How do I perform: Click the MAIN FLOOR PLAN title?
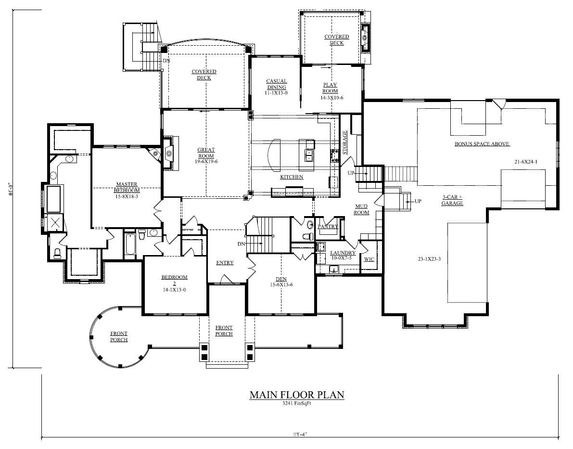click(x=297, y=395)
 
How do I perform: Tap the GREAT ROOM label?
click(x=206, y=153)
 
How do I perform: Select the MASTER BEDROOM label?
click(x=127, y=187)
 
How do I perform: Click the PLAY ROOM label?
click(x=330, y=88)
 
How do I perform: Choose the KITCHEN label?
click(x=292, y=177)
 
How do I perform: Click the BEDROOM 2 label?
click(x=174, y=281)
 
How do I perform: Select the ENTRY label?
click(x=225, y=263)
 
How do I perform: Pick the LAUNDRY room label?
click(x=343, y=253)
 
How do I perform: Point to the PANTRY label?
click(x=328, y=226)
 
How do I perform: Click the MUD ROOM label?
click(x=361, y=209)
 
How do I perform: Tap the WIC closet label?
click(x=369, y=259)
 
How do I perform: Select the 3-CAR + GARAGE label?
click(x=452, y=200)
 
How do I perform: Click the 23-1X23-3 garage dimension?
click(x=430, y=259)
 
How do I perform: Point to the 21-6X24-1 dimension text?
click(x=525, y=162)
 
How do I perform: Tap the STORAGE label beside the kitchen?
click(x=344, y=142)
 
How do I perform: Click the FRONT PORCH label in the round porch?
click(x=119, y=336)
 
